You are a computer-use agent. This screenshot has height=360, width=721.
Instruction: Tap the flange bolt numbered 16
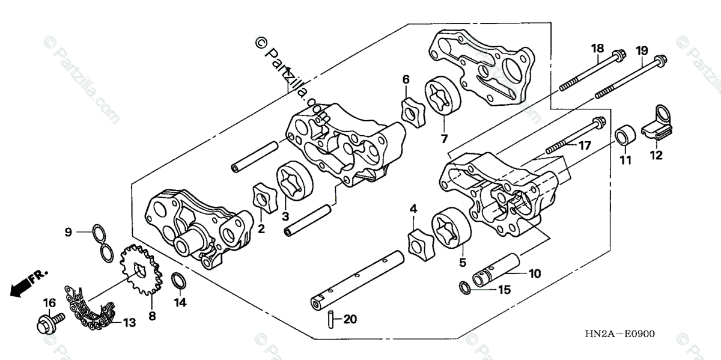point(50,323)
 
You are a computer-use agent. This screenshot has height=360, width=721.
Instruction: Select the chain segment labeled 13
point(90,308)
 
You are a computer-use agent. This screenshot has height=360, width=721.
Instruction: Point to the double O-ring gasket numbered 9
point(103,243)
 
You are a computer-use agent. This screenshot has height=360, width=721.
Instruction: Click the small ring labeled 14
point(178,281)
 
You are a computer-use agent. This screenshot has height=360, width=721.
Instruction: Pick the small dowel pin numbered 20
point(330,319)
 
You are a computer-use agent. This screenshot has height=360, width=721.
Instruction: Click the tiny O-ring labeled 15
point(464,287)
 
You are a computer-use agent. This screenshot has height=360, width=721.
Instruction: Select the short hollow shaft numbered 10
point(496,270)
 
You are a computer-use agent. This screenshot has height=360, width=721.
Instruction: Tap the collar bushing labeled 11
point(625,135)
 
